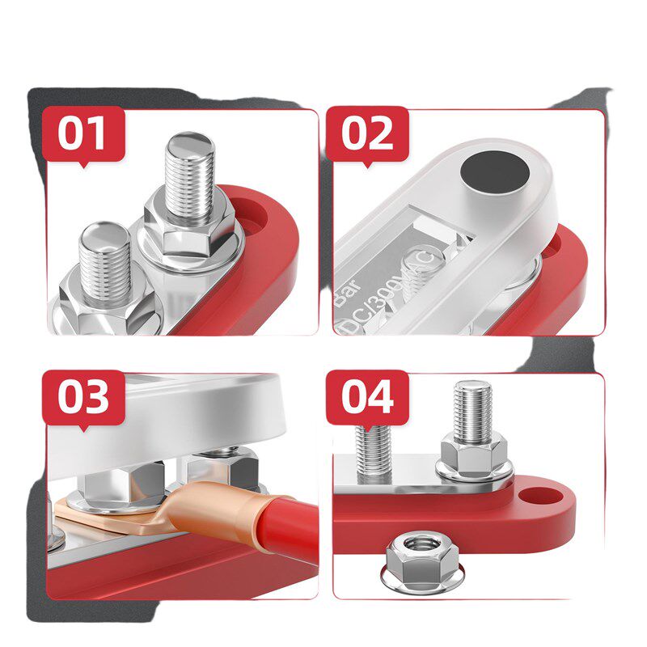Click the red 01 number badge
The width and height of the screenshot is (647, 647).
click(84, 133)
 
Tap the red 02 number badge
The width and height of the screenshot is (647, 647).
click(367, 133)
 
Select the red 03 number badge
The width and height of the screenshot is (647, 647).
click(84, 398)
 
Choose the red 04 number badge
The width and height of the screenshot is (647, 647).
click(367, 398)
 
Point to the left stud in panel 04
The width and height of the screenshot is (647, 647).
click(374, 453)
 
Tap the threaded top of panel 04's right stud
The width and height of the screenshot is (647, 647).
click(471, 404)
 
